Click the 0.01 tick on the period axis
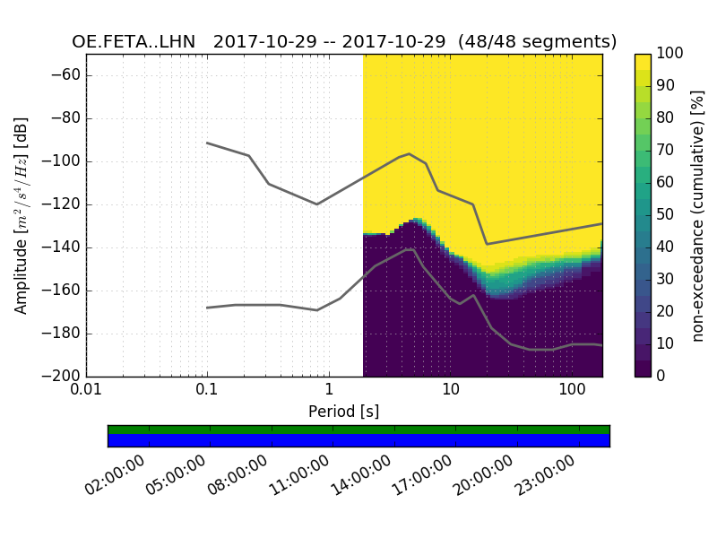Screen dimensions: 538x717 [86, 392]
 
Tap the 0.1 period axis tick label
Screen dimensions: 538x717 [207, 392]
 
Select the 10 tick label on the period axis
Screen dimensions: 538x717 [450, 392]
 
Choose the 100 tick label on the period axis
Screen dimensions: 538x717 [571, 392]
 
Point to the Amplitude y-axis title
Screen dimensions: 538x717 [22, 215]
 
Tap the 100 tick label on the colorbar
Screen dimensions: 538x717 [670, 54]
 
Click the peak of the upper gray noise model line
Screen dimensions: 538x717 [410, 153]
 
